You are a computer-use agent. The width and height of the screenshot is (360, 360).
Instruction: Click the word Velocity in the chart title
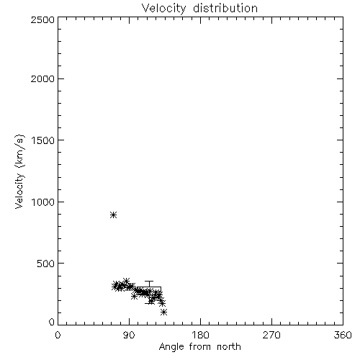[163, 9]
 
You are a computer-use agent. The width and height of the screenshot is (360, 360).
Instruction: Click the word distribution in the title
[225, 8]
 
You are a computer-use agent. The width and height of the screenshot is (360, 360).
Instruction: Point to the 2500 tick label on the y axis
[42, 19]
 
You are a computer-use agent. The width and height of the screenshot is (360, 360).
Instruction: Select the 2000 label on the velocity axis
[42, 78]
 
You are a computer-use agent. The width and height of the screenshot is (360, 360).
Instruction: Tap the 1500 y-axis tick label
[43, 140]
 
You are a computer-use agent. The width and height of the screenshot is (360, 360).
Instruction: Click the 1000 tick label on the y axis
[43, 202]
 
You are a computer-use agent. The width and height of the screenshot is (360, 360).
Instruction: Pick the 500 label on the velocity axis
[46, 264]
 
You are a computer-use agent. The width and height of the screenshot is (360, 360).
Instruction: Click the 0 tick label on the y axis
[52, 322]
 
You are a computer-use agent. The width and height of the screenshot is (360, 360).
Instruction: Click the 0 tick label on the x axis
[58, 335]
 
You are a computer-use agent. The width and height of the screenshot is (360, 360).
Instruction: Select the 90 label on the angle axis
[129, 335]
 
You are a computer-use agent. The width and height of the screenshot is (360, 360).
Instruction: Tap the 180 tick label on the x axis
[200, 335]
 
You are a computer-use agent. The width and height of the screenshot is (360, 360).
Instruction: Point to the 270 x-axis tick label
[271, 335]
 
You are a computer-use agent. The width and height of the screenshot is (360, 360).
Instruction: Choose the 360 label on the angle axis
[343, 335]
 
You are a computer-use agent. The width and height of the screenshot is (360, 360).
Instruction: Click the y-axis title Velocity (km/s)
[19, 171]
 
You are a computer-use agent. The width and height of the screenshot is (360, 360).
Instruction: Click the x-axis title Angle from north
[200, 347]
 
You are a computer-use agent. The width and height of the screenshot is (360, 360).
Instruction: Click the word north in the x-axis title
[229, 347]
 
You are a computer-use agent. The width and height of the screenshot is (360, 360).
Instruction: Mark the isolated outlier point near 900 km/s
[114, 215]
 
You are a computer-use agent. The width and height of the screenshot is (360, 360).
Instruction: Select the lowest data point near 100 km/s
[164, 312]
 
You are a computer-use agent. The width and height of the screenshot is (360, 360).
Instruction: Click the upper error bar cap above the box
[149, 282]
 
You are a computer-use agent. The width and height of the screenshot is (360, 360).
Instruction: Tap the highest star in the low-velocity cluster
[126, 281]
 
